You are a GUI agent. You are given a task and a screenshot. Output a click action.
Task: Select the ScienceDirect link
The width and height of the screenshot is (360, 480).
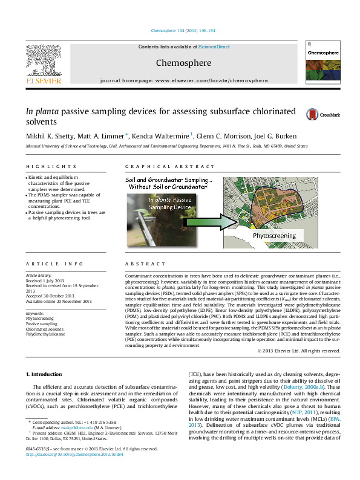[214, 47]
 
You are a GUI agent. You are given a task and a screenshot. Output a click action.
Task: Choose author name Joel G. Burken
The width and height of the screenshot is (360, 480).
[267, 136]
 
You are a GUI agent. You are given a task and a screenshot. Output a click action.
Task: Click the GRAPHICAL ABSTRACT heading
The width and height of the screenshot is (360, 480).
[161, 166]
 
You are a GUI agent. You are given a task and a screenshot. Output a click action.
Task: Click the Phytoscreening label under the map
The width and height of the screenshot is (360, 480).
[274, 235]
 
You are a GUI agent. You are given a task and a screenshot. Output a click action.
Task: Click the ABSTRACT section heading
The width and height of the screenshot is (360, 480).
[145, 264]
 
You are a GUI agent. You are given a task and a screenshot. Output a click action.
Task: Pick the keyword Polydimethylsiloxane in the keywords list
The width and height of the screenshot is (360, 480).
[47, 334]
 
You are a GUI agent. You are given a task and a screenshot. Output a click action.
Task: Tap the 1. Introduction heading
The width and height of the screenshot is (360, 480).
[45, 374]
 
